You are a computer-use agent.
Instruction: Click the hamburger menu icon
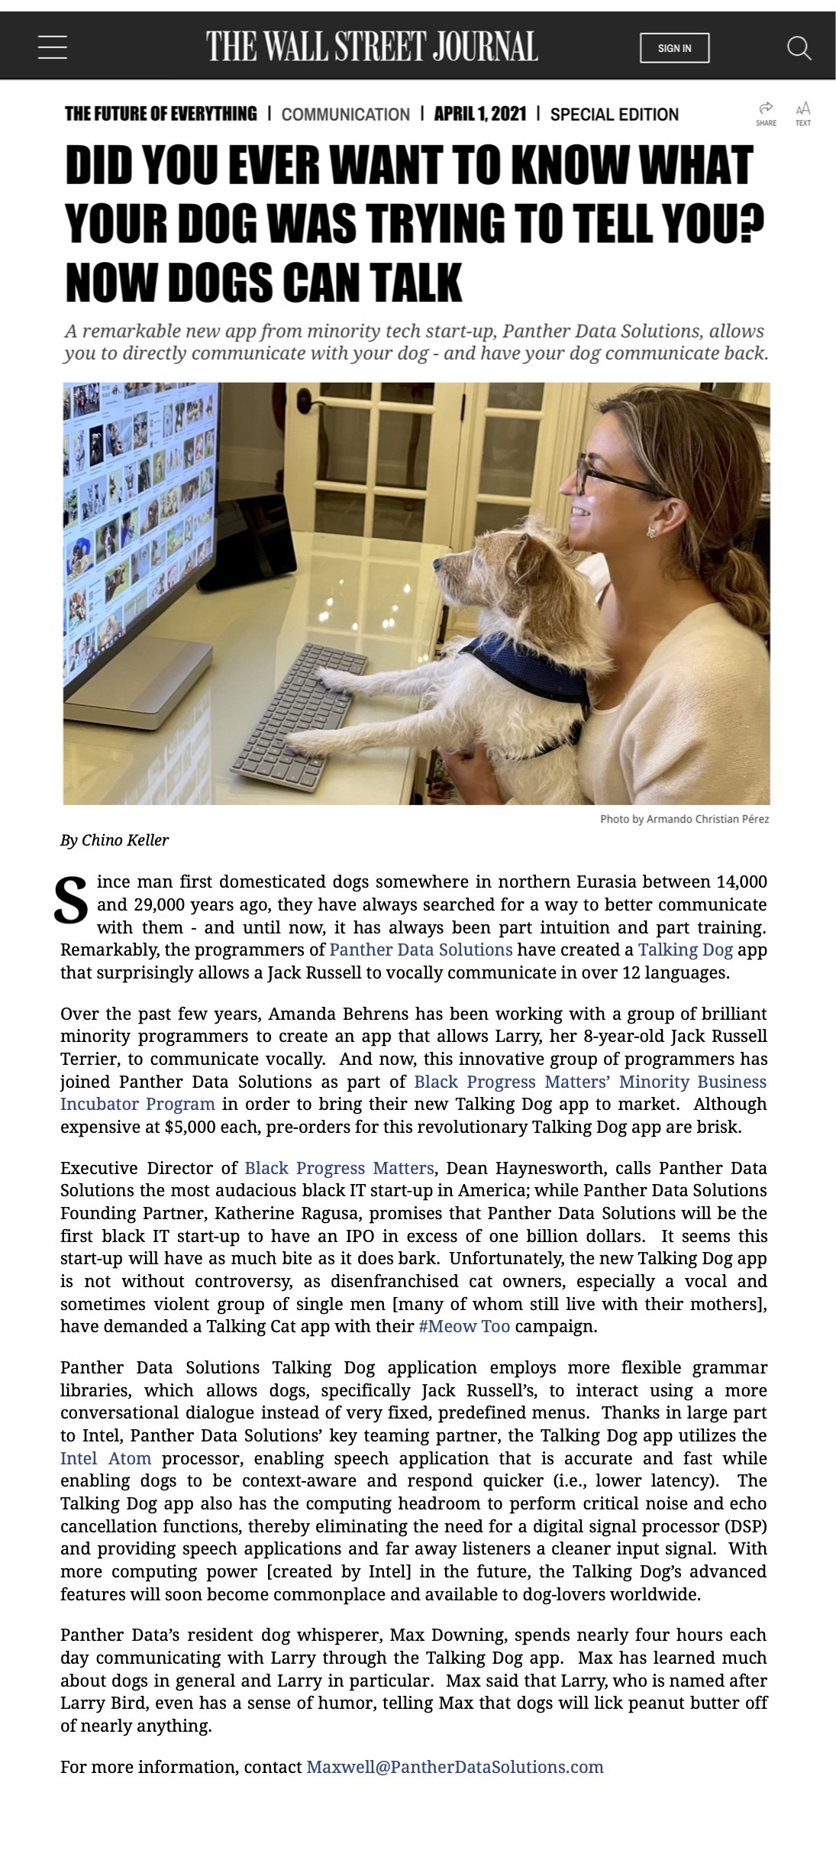52,47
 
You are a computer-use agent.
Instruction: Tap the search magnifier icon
799,48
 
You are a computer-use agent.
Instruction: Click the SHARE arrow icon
766,108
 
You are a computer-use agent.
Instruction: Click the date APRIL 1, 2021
479,115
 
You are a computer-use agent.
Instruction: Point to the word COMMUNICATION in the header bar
345,115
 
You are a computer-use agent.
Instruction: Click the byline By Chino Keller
115,840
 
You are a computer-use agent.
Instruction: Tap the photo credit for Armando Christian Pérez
684,819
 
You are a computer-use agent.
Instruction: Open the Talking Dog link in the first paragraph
685,950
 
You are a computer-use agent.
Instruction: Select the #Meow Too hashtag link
464,1326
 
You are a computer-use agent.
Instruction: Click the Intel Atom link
105,1458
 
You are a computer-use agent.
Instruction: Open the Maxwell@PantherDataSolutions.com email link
454,1767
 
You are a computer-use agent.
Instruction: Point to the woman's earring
651,532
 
